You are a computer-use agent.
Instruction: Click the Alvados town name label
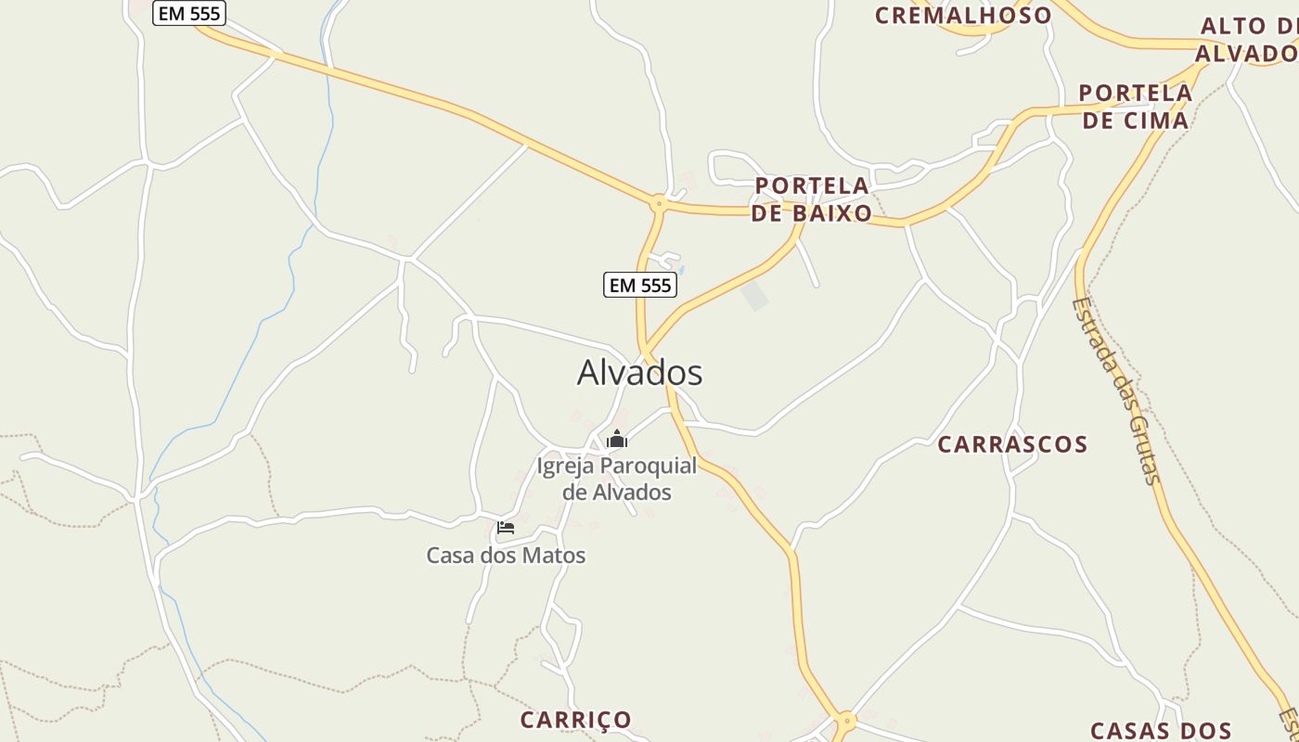coord(639,373)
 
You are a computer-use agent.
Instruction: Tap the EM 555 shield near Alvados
coord(640,285)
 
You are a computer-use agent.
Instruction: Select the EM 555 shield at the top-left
coord(189,13)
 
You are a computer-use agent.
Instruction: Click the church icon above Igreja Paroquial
coord(617,439)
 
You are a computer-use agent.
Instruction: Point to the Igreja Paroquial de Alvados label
coord(617,479)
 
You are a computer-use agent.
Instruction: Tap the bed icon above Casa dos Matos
coord(505,528)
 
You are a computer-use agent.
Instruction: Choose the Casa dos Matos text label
coord(506,556)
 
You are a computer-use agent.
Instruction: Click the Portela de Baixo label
coord(812,199)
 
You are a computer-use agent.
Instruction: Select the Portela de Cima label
coord(1136,107)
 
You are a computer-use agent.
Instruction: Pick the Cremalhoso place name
coord(963,15)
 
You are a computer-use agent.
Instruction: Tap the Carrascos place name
coord(1012,444)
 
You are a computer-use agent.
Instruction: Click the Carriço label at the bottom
coord(575,720)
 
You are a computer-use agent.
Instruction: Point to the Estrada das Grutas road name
coord(1115,390)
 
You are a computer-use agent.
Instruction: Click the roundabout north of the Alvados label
coord(659,201)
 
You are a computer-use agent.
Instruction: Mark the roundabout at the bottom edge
coord(844,719)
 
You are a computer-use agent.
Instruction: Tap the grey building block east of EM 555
coord(755,296)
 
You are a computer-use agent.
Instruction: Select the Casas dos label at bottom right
coord(1161,731)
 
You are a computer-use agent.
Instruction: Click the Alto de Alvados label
coord(1247,40)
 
